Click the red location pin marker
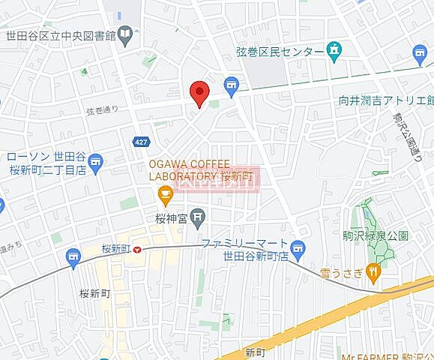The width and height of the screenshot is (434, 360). [x=198, y=93]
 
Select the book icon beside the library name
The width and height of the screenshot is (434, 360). [x=124, y=34]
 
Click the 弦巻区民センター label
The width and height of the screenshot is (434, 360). [x=279, y=51]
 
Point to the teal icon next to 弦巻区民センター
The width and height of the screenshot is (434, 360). [x=334, y=51]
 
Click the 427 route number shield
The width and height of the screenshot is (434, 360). [x=140, y=142]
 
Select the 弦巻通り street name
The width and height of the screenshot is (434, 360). [x=102, y=111]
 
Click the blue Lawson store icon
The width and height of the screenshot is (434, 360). [x=95, y=161]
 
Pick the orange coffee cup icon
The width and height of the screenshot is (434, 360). [x=166, y=196]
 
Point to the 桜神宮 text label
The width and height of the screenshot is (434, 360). [x=169, y=220]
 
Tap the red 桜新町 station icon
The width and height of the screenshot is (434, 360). [x=137, y=250]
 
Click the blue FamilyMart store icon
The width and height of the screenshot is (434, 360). [x=298, y=248]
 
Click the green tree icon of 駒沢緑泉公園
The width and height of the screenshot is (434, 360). [x=367, y=207]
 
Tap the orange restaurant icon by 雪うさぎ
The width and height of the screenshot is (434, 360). [x=373, y=271]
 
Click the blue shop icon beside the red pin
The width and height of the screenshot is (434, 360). [x=231, y=85]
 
